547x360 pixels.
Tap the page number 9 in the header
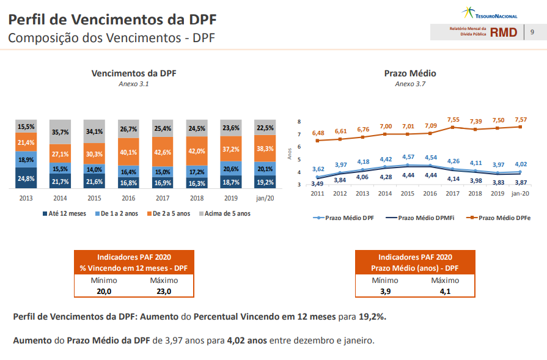532,32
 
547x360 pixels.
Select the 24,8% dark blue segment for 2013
26,178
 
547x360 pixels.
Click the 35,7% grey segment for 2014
61,131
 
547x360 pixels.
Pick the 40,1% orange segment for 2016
128,152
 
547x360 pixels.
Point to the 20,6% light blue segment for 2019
231,169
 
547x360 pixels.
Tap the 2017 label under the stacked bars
163,198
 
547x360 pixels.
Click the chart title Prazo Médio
410,73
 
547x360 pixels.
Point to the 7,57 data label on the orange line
521,119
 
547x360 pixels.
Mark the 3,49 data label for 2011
317,183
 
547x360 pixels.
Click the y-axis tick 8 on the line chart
299,122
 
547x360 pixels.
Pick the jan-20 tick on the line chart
520,193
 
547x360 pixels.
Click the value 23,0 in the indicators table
164,291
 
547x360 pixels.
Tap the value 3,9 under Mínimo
385,291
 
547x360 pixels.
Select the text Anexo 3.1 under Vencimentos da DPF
133,84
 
